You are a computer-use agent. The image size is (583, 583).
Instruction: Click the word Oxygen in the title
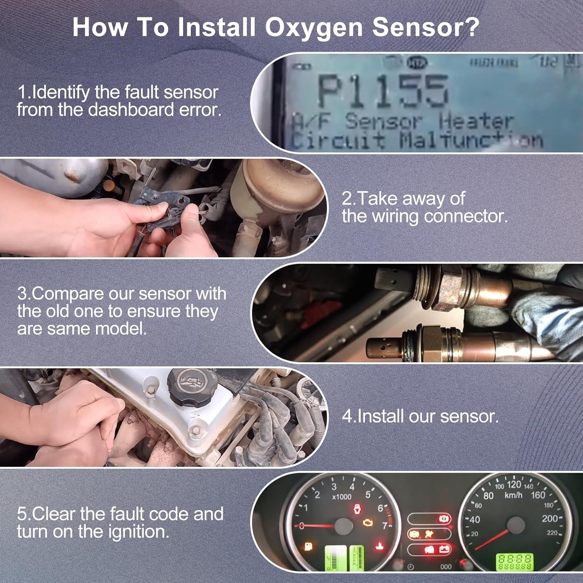[x=314, y=28]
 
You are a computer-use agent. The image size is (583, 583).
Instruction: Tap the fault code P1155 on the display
[x=383, y=92]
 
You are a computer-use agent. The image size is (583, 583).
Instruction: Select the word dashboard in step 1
[x=131, y=110]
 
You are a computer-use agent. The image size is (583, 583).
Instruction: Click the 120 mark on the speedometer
[x=514, y=484]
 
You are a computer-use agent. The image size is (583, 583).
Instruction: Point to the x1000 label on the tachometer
[x=342, y=497]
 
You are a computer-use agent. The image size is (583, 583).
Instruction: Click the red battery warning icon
[x=444, y=550]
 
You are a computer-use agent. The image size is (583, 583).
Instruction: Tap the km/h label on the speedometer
[x=513, y=495]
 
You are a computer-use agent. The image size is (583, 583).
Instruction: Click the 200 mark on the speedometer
[x=550, y=518]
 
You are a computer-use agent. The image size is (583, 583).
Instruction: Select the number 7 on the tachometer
[x=384, y=525]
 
